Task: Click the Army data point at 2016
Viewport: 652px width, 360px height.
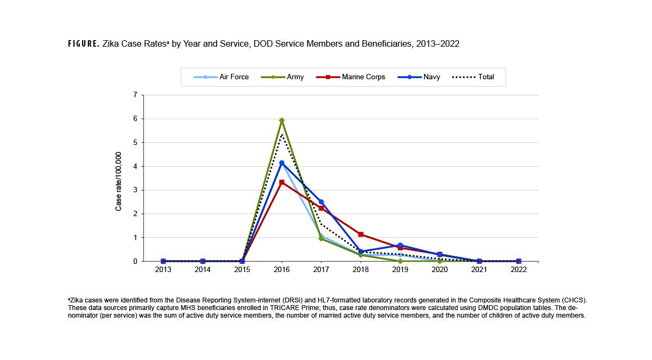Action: point(281,121)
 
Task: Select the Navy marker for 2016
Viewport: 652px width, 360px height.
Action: point(281,163)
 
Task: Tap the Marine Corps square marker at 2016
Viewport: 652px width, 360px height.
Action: point(281,182)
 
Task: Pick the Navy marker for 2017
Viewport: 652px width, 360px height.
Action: point(321,202)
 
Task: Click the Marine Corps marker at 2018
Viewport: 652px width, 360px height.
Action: point(361,235)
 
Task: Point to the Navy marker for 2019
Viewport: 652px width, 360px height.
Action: point(400,245)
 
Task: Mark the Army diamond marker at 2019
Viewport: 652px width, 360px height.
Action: point(400,261)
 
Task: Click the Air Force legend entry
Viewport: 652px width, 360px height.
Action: point(221,77)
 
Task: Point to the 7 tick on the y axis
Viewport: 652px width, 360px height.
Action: point(135,95)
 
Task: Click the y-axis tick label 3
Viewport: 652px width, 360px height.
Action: point(135,190)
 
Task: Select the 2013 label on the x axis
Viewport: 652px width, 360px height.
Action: point(163,270)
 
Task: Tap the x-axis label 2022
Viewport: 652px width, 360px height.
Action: point(518,270)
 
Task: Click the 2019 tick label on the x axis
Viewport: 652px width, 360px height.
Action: point(400,270)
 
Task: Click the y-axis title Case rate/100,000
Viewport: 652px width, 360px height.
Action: point(118,181)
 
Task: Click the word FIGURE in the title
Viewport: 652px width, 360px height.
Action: point(83,44)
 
